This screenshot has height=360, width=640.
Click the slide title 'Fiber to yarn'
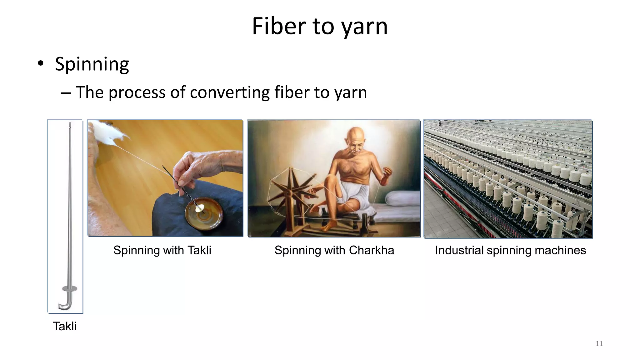tap(320, 26)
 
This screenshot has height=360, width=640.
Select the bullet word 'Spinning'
tap(92, 64)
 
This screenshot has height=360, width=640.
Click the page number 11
tap(599, 344)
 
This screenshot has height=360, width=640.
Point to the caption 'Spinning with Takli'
tap(162, 250)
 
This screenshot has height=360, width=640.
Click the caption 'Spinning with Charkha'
tap(334, 250)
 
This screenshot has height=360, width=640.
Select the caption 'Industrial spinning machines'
tap(510, 250)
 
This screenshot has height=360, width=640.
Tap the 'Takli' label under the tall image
tap(65, 326)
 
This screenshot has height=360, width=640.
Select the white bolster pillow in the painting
tap(401, 198)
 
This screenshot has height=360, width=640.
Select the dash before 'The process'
tap(66, 92)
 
